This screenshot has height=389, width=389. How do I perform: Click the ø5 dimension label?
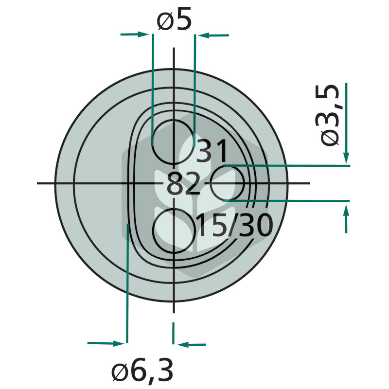click(174, 19)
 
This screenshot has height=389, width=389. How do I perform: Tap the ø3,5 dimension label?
click(330, 115)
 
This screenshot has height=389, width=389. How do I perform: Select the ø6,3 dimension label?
click(142, 370)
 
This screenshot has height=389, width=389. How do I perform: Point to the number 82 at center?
click(183, 184)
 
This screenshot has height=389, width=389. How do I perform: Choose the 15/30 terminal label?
click(234, 225)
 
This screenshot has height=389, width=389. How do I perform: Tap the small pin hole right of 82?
click(228, 183)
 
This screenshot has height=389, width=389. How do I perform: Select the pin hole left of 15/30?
click(174, 230)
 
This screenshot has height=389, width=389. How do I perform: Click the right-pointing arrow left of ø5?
click(135, 34)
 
